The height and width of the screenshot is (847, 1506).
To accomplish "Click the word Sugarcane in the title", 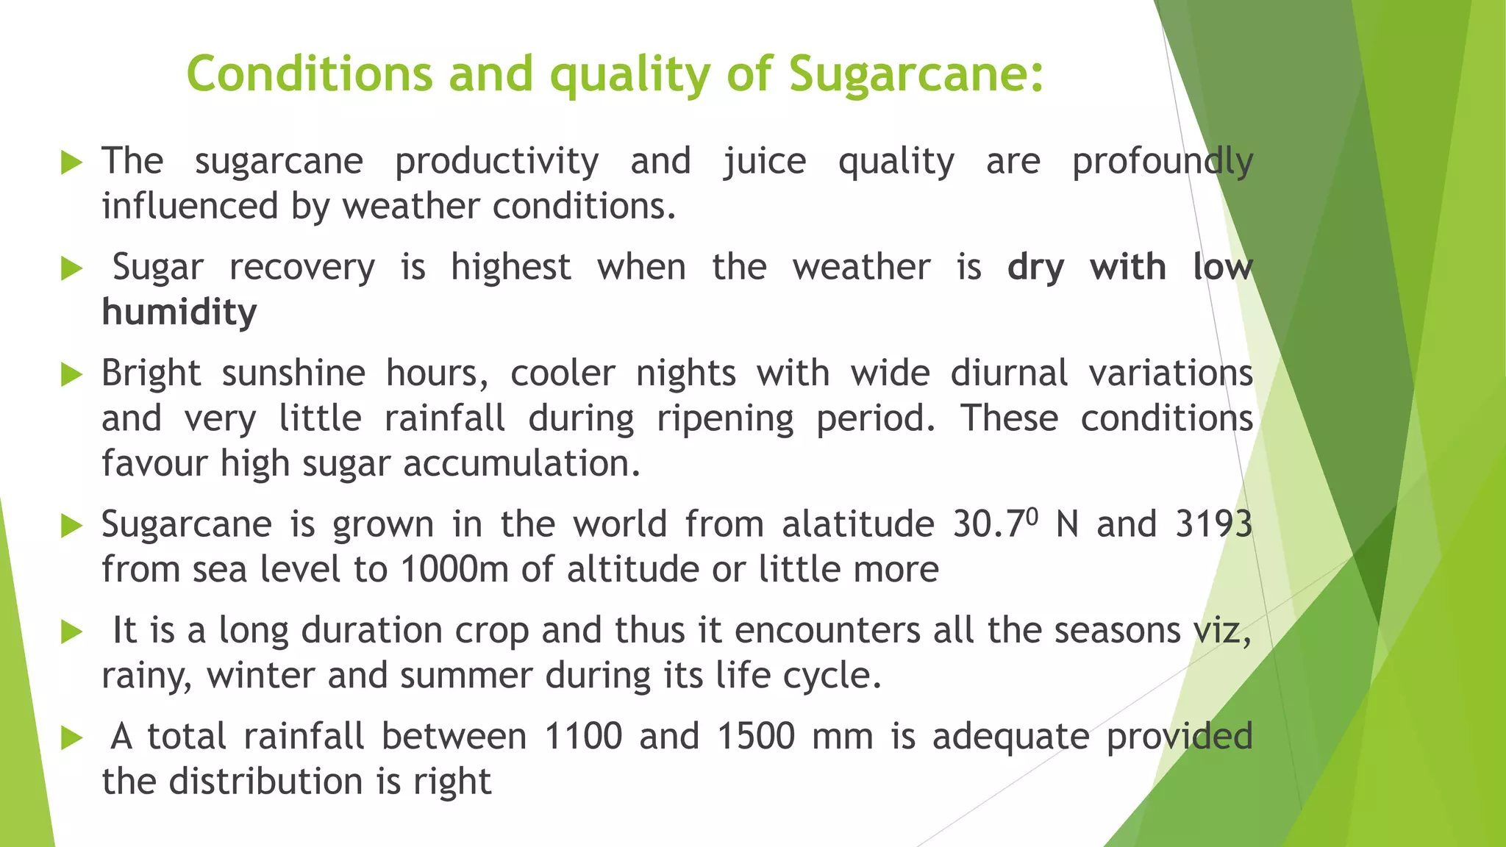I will point(916,75).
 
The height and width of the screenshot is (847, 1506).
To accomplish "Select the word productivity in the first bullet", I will point(497,162).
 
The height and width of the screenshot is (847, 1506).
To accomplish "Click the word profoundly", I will point(1162,162).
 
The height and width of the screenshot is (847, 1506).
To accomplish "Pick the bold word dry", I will point(1035,268).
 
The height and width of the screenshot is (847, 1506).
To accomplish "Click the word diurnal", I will point(1009,374).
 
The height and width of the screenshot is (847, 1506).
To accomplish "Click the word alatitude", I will point(857,525).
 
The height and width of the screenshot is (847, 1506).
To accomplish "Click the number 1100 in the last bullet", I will point(583,737).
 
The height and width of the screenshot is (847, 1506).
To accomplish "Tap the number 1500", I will point(756,737).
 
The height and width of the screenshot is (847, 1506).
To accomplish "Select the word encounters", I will point(827,631).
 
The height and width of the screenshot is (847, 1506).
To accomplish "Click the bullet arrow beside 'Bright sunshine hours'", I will point(71,375).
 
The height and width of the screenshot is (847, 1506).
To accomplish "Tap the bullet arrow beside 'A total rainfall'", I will point(71,737).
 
